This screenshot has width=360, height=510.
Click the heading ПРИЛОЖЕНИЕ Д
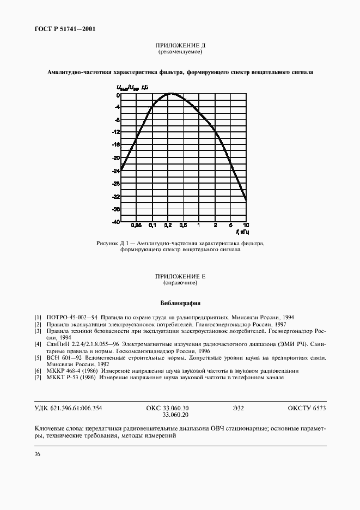tap(180, 46)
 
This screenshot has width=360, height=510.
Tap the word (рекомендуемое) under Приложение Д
tap(180, 52)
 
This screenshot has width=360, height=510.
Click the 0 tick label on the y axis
tap(118, 95)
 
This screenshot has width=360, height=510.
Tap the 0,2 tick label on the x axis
tap(168, 225)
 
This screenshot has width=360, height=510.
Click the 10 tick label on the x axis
tap(246, 225)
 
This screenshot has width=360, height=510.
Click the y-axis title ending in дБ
tap(131, 87)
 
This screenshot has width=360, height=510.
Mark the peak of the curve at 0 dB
tap(170, 94)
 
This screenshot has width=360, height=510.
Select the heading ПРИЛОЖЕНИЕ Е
tap(180, 277)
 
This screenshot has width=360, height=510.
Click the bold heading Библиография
tap(180, 302)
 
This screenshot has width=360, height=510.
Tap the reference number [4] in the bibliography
tap(38, 344)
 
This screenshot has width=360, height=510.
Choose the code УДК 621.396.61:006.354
tap(69, 408)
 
